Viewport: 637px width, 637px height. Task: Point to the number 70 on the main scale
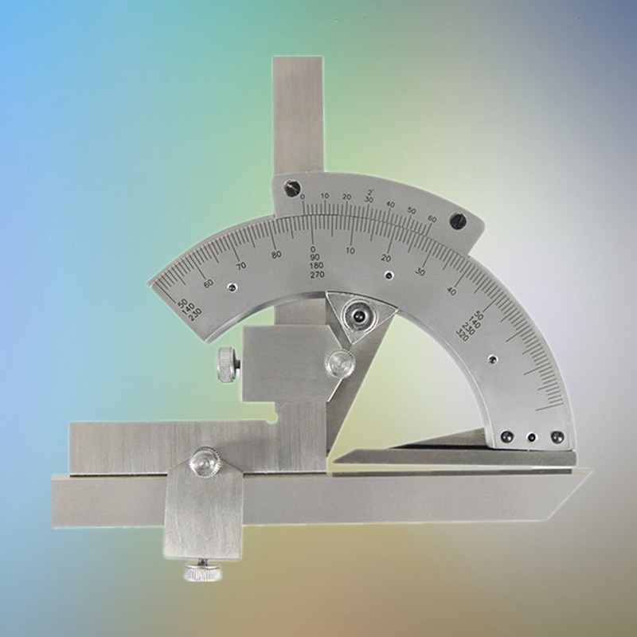241,265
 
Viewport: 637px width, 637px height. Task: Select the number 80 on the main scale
276,255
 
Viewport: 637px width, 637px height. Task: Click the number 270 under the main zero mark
315,275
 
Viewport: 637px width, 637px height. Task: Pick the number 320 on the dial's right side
462,334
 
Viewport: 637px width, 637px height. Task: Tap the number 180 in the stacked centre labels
315,266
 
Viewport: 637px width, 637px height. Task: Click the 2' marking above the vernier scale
371,191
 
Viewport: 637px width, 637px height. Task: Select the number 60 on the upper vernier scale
431,217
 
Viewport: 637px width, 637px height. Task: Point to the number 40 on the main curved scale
451,291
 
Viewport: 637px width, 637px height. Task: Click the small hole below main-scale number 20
388,276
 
